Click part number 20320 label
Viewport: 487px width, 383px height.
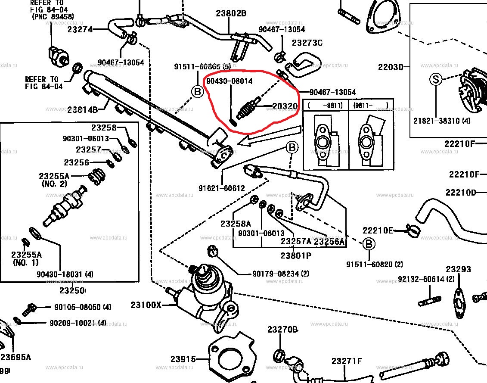[x=284, y=106]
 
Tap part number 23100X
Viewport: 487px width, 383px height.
[x=146, y=305]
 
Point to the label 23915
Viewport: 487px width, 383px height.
[x=183, y=359]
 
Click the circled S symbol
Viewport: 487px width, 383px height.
[x=435, y=79]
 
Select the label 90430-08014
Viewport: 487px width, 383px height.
[x=229, y=81]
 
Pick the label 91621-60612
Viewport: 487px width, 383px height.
[x=222, y=188]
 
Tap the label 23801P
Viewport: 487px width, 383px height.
[x=296, y=255]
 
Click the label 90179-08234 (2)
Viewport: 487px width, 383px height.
[x=280, y=274]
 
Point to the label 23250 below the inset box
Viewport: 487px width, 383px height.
[x=72, y=290]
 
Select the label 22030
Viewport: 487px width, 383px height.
[x=391, y=67]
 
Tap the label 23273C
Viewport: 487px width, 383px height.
[x=307, y=42]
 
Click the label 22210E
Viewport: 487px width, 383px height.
[x=378, y=230]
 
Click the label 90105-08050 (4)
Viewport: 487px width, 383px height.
[x=83, y=307]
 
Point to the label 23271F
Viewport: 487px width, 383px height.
[x=347, y=361]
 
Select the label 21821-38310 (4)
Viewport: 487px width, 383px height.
[x=442, y=121]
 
